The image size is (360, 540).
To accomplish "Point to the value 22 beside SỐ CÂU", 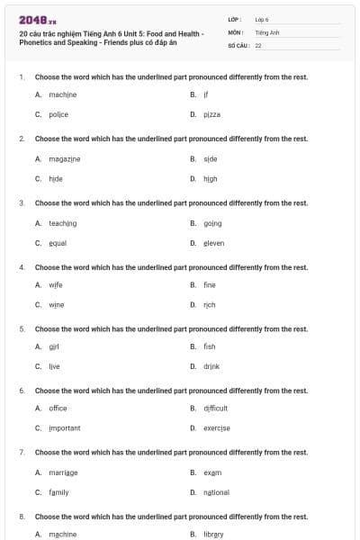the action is (258, 44).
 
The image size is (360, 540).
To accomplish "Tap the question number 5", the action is (22, 328).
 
